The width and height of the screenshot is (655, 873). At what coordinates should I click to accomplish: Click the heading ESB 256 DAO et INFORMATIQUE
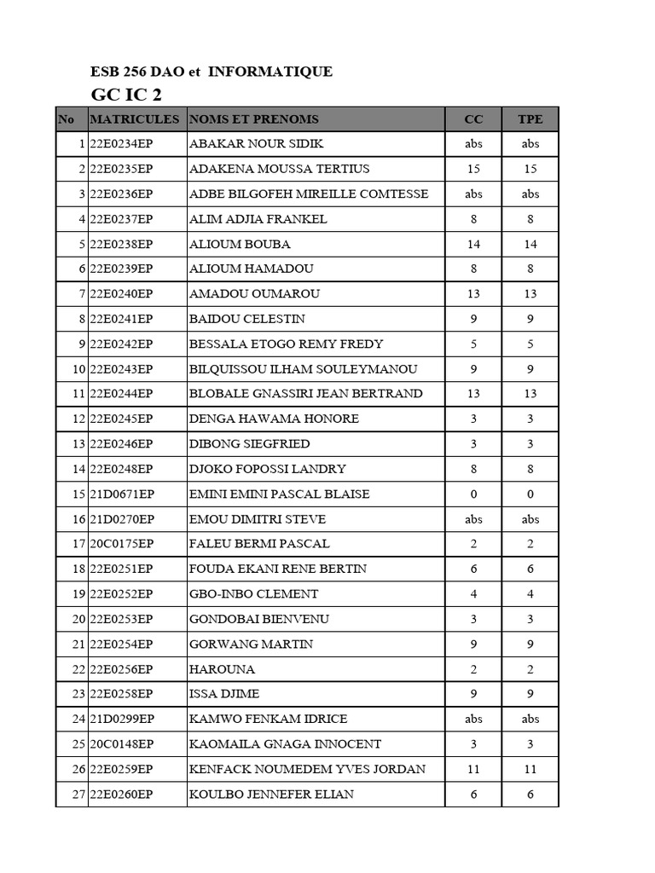pyautogui.click(x=212, y=72)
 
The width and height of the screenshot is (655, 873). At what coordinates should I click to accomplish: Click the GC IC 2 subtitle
pyautogui.click(x=125, y=94)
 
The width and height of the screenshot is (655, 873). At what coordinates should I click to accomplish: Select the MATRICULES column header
pyautogui.click(x=135, y=119)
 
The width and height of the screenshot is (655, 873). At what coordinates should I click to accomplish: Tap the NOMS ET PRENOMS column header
pyautogui.click(x=254, y=119)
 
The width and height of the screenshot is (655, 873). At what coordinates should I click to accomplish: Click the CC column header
pyautogui.click(x=473, y=119)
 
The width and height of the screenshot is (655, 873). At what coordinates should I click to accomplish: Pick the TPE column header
pyautogui.click(x=530, y=119)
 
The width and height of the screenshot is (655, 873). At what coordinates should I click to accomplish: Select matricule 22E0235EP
pyautogui.click(x=121, y=169)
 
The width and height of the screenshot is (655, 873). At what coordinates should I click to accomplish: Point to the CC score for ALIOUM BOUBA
pyautogui.click(x=473, y=244)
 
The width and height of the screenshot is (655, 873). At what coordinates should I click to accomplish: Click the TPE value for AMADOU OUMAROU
pyautogui.click(x=530, y=294)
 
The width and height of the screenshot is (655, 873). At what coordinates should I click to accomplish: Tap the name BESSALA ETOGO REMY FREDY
pyautogui.click(x=286, y=344)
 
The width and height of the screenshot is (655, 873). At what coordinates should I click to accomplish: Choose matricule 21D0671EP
pyautogui.click(x=121, y=494)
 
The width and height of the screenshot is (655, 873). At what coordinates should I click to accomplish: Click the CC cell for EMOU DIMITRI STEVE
pyautogui.click(x=473, y=519)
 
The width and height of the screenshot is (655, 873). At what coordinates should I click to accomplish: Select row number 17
pyautogui.click(x=78, y=544)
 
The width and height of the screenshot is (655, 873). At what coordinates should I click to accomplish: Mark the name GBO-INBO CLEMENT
pyautogui.click(x=253, y=594)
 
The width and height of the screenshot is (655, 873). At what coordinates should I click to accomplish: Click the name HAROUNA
pyautogui.click(x=222, y=669)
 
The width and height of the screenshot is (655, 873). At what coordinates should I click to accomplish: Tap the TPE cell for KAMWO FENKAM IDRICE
pyautogui.click(x=530, y=720)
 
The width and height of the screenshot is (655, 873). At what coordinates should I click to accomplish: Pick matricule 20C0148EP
pyautogui.click(x=121, y=744)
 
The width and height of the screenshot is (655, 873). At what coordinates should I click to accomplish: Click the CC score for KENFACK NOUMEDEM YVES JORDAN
pyautogui.click(x=473, y=769)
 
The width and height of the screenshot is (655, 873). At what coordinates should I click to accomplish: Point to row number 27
pyautogui.click(x=78, y=795)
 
